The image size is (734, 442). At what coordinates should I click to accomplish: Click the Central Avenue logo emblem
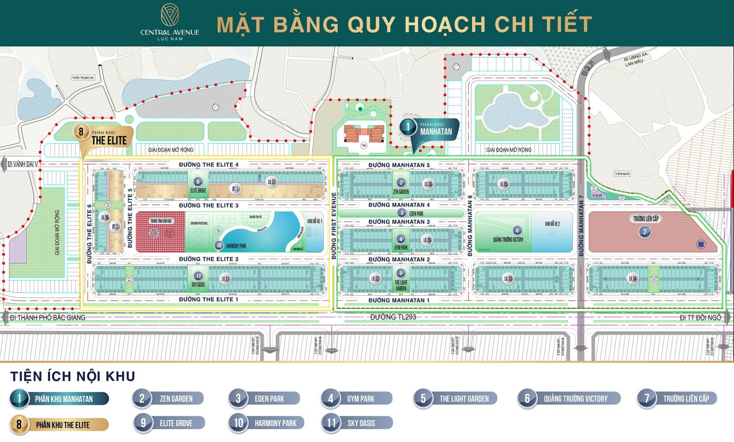click(170, 15)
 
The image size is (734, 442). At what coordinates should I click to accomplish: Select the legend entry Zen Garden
click(168, 398)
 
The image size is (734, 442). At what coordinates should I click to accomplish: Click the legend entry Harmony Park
click(267, 423)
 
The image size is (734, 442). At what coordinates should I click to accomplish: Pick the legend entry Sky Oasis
click(357, 423)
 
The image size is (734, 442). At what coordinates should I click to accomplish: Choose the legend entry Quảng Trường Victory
click(569, 398)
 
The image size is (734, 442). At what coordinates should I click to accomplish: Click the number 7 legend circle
click(647, 398)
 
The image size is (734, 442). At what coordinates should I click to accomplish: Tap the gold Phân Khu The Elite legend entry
click(60, 425)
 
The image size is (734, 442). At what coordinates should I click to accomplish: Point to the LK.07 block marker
click(272, 182)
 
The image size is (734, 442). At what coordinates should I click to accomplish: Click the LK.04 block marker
click(633, 278)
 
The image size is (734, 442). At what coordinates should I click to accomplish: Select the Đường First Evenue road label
click(334, 226)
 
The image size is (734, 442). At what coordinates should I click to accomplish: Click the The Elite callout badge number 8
click(81, 132)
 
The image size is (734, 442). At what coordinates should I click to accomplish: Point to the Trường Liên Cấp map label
click(646, 219)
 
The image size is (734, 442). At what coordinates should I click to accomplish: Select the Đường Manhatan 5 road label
click(399, 165)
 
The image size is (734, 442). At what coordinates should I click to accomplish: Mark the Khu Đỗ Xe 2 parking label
click(552, 223)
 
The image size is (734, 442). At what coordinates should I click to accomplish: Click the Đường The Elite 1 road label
click(209, 299)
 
